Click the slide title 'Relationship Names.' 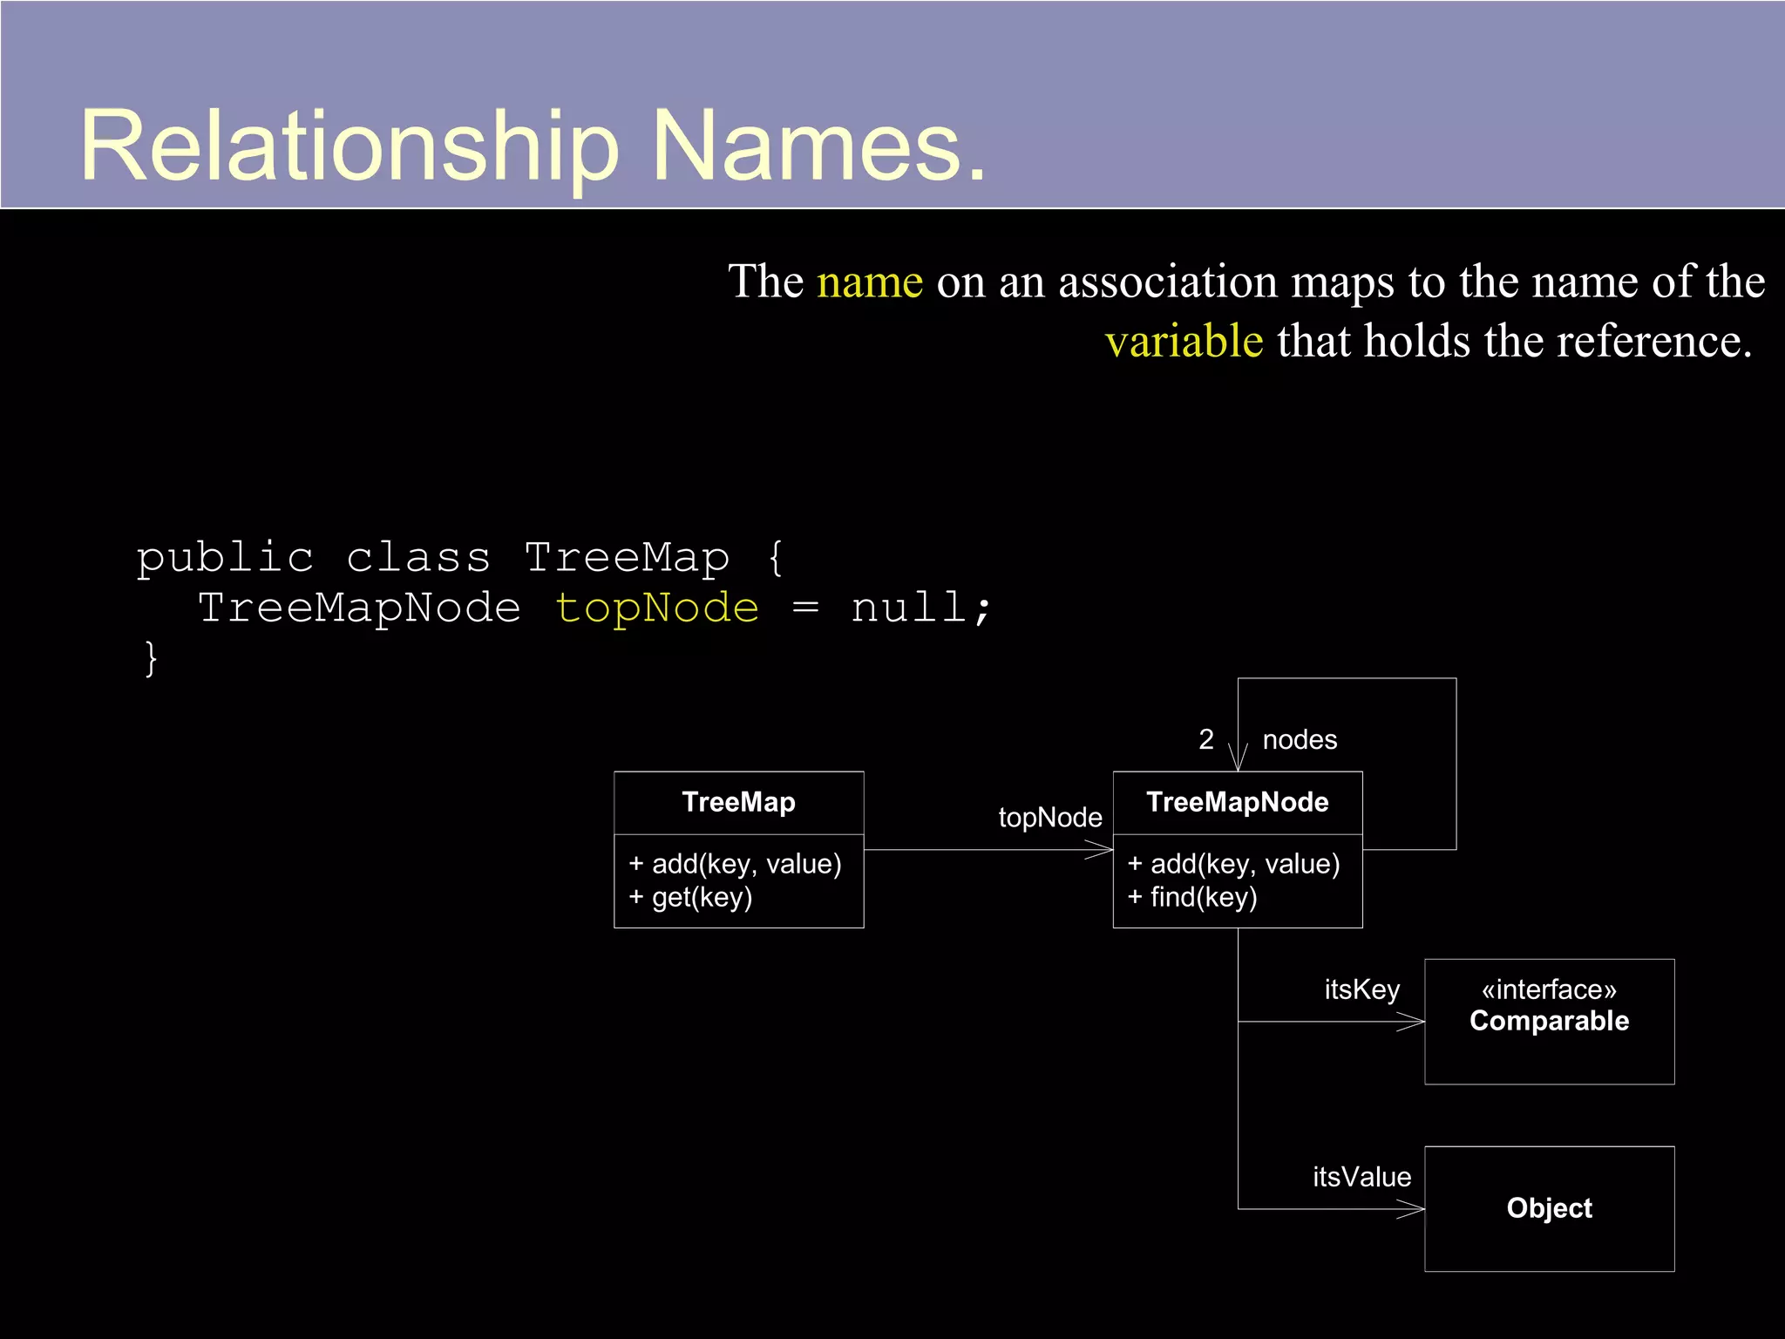[x=533, y=146]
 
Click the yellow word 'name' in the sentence [x=869, y=282]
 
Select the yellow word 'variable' [x=1184, y=341]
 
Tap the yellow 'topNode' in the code [x=657, y=608]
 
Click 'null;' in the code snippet [x=920, y=608]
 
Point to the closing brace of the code [x=151, y=658]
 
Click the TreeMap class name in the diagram [x=738, y=802]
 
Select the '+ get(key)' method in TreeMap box [x=690, y=897]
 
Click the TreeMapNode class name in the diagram [x=1237, y=802]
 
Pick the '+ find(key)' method [x=1192, y=897]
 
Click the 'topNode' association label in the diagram [x=1049, y=818]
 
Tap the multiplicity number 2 [x=1205, y=740]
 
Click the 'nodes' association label [x=1300, y=740]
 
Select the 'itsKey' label [x=1361, y=990]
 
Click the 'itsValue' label [x=1361, y=1178]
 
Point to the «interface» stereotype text [x=1549, y=990]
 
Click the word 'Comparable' [x=1549, y=1021]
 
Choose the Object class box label [x=1549, y=1208]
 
